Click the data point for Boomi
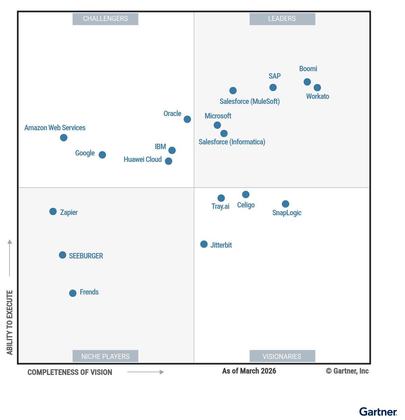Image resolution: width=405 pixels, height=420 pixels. pos(307,82)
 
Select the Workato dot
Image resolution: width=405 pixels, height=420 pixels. pos(317,88)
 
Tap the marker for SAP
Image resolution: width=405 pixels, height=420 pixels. pos(273,87)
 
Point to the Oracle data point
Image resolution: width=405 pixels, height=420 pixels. pos(187,119)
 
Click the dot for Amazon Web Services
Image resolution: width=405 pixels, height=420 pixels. pos(63,138)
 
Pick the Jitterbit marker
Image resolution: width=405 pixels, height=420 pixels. pos(204,244)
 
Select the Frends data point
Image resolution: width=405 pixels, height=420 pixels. pos(73,293)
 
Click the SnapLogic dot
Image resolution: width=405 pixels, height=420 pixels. pos(286,204)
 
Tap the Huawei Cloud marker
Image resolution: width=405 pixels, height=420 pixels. pos(168,161)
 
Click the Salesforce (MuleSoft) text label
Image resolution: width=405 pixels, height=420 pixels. pos(249,102)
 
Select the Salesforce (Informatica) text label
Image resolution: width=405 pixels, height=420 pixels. pos(232,142)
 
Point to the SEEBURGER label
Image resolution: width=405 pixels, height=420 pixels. pos(86,256)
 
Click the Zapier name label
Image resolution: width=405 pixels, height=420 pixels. pos(69,213)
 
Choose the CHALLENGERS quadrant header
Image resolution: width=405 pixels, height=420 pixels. pos(105,19)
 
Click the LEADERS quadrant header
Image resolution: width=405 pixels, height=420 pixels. pos(282,19)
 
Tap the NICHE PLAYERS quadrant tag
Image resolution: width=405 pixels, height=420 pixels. pos(105,356)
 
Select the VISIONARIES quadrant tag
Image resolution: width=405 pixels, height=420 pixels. pos(282,356)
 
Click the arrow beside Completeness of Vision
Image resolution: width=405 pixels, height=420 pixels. pos(145,372)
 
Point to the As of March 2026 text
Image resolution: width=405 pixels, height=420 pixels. pos(249,371)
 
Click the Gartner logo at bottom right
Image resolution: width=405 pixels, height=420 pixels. pos(378,412)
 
